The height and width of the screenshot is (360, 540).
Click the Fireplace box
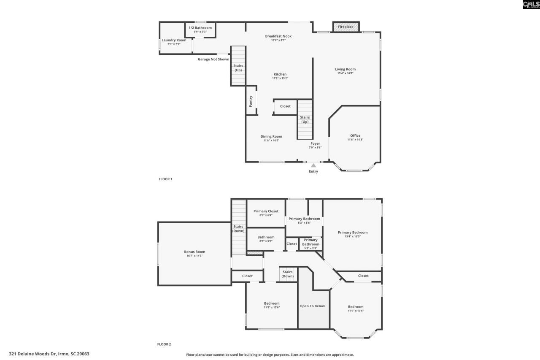[346, 27]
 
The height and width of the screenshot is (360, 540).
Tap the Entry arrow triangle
[313, 165]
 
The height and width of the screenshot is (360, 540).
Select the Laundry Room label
[174, 40]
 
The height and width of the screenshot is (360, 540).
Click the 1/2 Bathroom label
[200, 28]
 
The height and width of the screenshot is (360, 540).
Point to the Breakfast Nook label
[278, 36]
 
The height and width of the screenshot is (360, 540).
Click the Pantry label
[251, 101]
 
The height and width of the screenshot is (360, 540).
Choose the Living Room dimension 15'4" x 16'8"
[345, 73]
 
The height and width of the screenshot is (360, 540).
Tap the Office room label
[355, 135]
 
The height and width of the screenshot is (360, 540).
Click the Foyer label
[315, 143]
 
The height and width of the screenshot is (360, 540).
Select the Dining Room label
[271, 136]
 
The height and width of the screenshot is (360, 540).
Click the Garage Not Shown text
[213, 60]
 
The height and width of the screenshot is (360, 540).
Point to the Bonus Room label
[195, 252]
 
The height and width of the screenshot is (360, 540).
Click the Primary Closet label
[266, 211]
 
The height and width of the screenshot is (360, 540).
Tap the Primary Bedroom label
[352, 233]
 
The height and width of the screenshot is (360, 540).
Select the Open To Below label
[312, 306]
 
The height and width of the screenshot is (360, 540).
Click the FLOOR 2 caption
[164, 344]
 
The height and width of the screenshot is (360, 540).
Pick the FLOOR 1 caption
[165, 179]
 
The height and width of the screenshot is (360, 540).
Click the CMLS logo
[531, 5]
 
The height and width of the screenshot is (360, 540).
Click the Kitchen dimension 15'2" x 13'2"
[280, 78]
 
